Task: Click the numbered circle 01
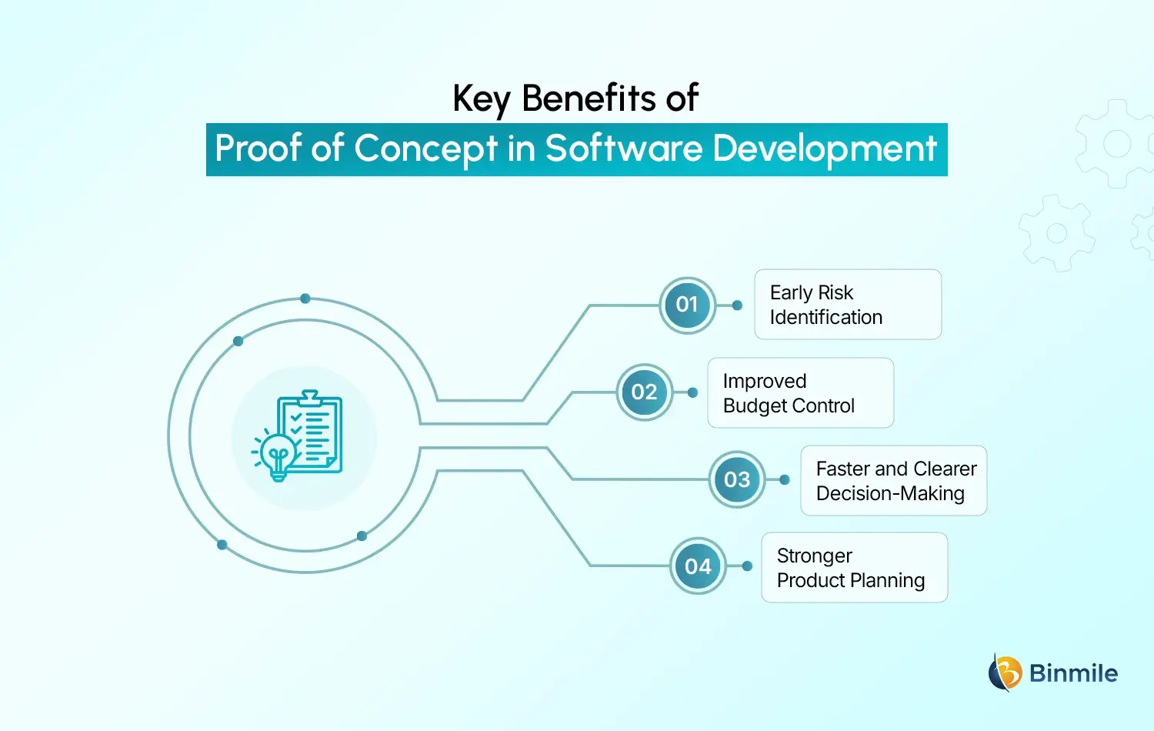(x=687, y=305)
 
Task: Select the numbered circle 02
(x=644, y=392)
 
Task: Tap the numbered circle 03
(x=737, y=479)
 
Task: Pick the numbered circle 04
(x=698, y=566)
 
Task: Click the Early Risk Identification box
(x=848, y=305)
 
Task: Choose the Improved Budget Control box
(x=800, y=393)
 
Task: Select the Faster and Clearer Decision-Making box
(x=893, y=481)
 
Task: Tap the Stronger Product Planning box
(x=854, y=568)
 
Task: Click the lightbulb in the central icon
(x=278, y=454)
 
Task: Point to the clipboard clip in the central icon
(x=310, y=398)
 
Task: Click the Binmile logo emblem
(x=1005, y=673)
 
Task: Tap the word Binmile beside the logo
(x=1073, y=673)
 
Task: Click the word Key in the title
(x=481, y=99)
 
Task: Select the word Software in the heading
(x=623, y=149)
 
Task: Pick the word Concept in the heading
(x=426, y=149)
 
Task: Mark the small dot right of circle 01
(x=737, y=305)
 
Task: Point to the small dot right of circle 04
(x=747, y=566)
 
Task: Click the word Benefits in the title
(x=589, y=98)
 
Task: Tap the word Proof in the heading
(x=258, y=149)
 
